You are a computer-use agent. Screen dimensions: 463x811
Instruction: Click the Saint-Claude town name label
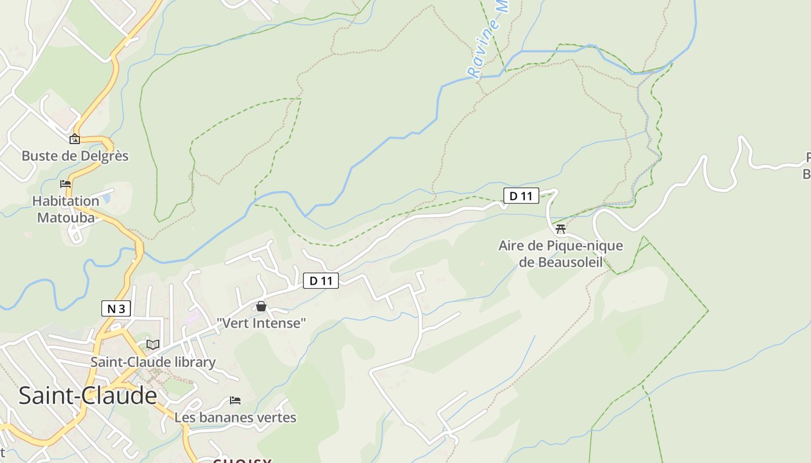(87, 396)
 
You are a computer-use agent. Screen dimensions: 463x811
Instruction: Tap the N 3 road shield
(116, 308)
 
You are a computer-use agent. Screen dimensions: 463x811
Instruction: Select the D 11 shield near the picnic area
(521, 196)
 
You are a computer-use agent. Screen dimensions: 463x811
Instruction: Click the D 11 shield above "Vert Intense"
(321, 281)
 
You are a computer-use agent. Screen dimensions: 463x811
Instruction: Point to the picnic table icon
(560, 229)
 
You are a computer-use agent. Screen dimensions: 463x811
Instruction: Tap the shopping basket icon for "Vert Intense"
(261, 306)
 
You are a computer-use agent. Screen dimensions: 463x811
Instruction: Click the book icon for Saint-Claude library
(153, 345)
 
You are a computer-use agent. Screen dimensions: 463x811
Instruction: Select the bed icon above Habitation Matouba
(65, 184)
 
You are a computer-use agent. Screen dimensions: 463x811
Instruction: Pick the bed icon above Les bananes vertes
(235, 400)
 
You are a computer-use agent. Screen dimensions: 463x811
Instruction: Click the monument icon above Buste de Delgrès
(75, 139)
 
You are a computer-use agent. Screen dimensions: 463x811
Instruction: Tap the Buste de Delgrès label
(75, 156)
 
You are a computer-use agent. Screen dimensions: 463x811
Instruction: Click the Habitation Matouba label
(65, 209)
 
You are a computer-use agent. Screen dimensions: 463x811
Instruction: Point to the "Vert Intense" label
(261, 323)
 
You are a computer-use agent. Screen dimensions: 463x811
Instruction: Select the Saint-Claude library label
(153, 362)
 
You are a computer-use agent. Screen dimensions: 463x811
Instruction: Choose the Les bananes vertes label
(235, 417)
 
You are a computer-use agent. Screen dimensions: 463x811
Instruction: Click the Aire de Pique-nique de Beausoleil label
(560, 253)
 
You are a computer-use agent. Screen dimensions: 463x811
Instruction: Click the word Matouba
(65, 217)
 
